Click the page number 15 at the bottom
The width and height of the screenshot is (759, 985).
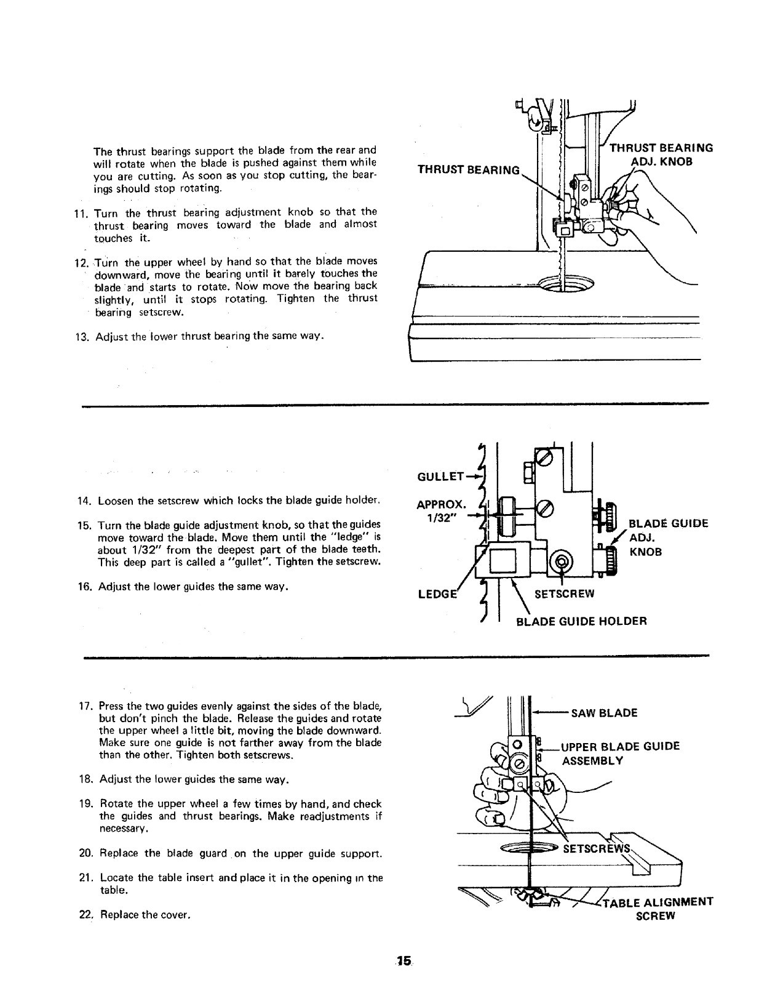(x=403, y=960)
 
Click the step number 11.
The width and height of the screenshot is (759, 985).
(x=82, y=214)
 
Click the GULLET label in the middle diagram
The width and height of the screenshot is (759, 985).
(x=440, y=476)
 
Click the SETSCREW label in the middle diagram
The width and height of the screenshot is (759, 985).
(x=564, y=594)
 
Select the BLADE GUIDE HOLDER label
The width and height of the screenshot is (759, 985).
(x=581, y=621)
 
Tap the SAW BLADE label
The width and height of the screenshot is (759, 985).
(x=604, y=714)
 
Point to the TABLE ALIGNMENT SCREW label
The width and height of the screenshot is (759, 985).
(x=656, y=909)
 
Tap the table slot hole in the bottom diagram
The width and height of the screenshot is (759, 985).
(x=529, y=849)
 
